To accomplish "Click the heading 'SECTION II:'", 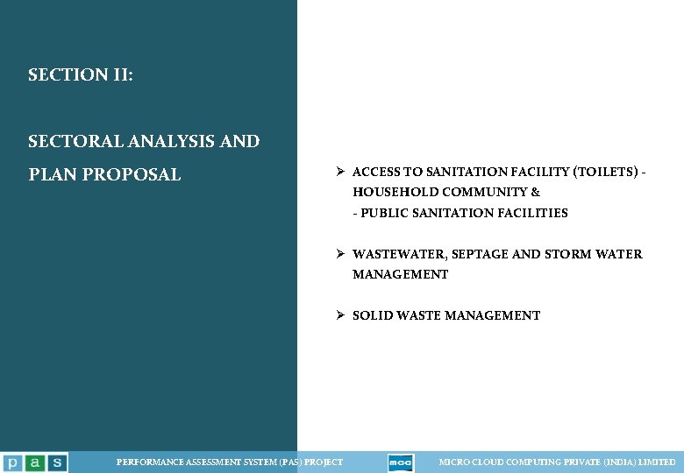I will [81, 75].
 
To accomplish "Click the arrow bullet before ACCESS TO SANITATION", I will [340, 172].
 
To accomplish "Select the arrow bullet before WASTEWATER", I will [340, 254].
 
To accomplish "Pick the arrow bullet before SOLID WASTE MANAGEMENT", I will [340, 315].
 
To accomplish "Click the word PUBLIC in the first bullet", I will [384, 213].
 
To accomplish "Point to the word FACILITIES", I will [532, 213].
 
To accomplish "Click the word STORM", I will [570, 254].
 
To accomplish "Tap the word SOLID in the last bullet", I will [372, 315].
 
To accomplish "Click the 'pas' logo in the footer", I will [33, 462].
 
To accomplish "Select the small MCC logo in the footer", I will [401, 462].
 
